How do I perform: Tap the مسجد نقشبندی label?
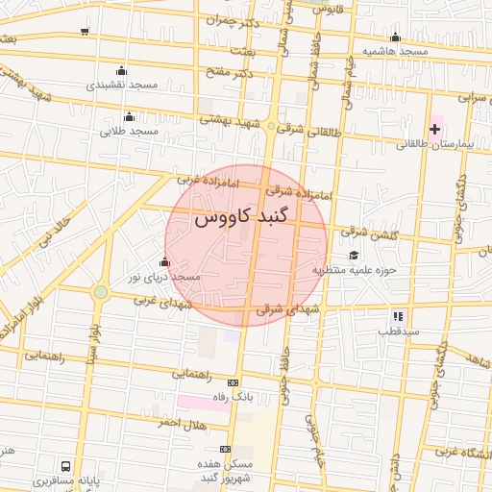click(x=122, y=85)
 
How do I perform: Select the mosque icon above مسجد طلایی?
click(x=129, y=117)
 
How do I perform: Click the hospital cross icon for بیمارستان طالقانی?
click(x=434, y=129)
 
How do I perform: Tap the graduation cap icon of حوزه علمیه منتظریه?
click(x=354, y=255)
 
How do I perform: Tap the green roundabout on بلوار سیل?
click(x=100, y=291)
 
